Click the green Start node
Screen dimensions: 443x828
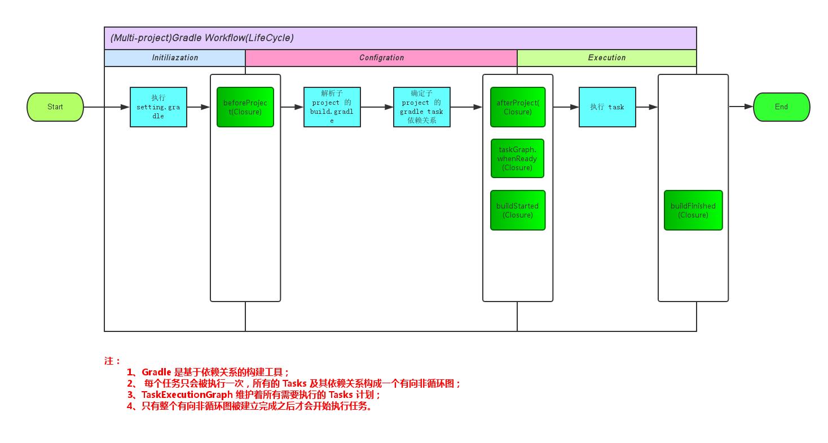tap(55, 107)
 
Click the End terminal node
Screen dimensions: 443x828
tap(781, 107)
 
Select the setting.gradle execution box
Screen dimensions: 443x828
tap(158, 107)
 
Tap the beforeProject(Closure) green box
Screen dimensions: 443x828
tap(245, 107)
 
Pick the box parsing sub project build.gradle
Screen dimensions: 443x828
tap(332, 107)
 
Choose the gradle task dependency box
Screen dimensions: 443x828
tap(421, 107)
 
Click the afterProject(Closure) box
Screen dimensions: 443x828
tap(518, 107)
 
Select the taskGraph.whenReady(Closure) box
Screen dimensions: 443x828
tap(517, 158)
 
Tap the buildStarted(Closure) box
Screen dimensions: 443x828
tap(518, 210)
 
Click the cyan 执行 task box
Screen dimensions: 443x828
tap(607, 107)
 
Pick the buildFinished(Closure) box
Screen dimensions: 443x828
tap(693, 210)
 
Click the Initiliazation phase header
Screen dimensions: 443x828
tap(175, 58)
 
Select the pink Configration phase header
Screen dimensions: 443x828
tap(381, 58)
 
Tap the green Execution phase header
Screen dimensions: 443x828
tap(607, 58)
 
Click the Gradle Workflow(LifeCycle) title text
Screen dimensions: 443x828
tap(202, 38)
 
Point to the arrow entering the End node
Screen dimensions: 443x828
tap(742, 107)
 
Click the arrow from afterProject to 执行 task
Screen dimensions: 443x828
tap(566, 107)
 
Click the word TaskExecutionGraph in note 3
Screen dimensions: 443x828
tap(187, 395)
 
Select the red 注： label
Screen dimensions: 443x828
tap(112, 361)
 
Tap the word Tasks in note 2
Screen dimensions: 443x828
tap(294, 384)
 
